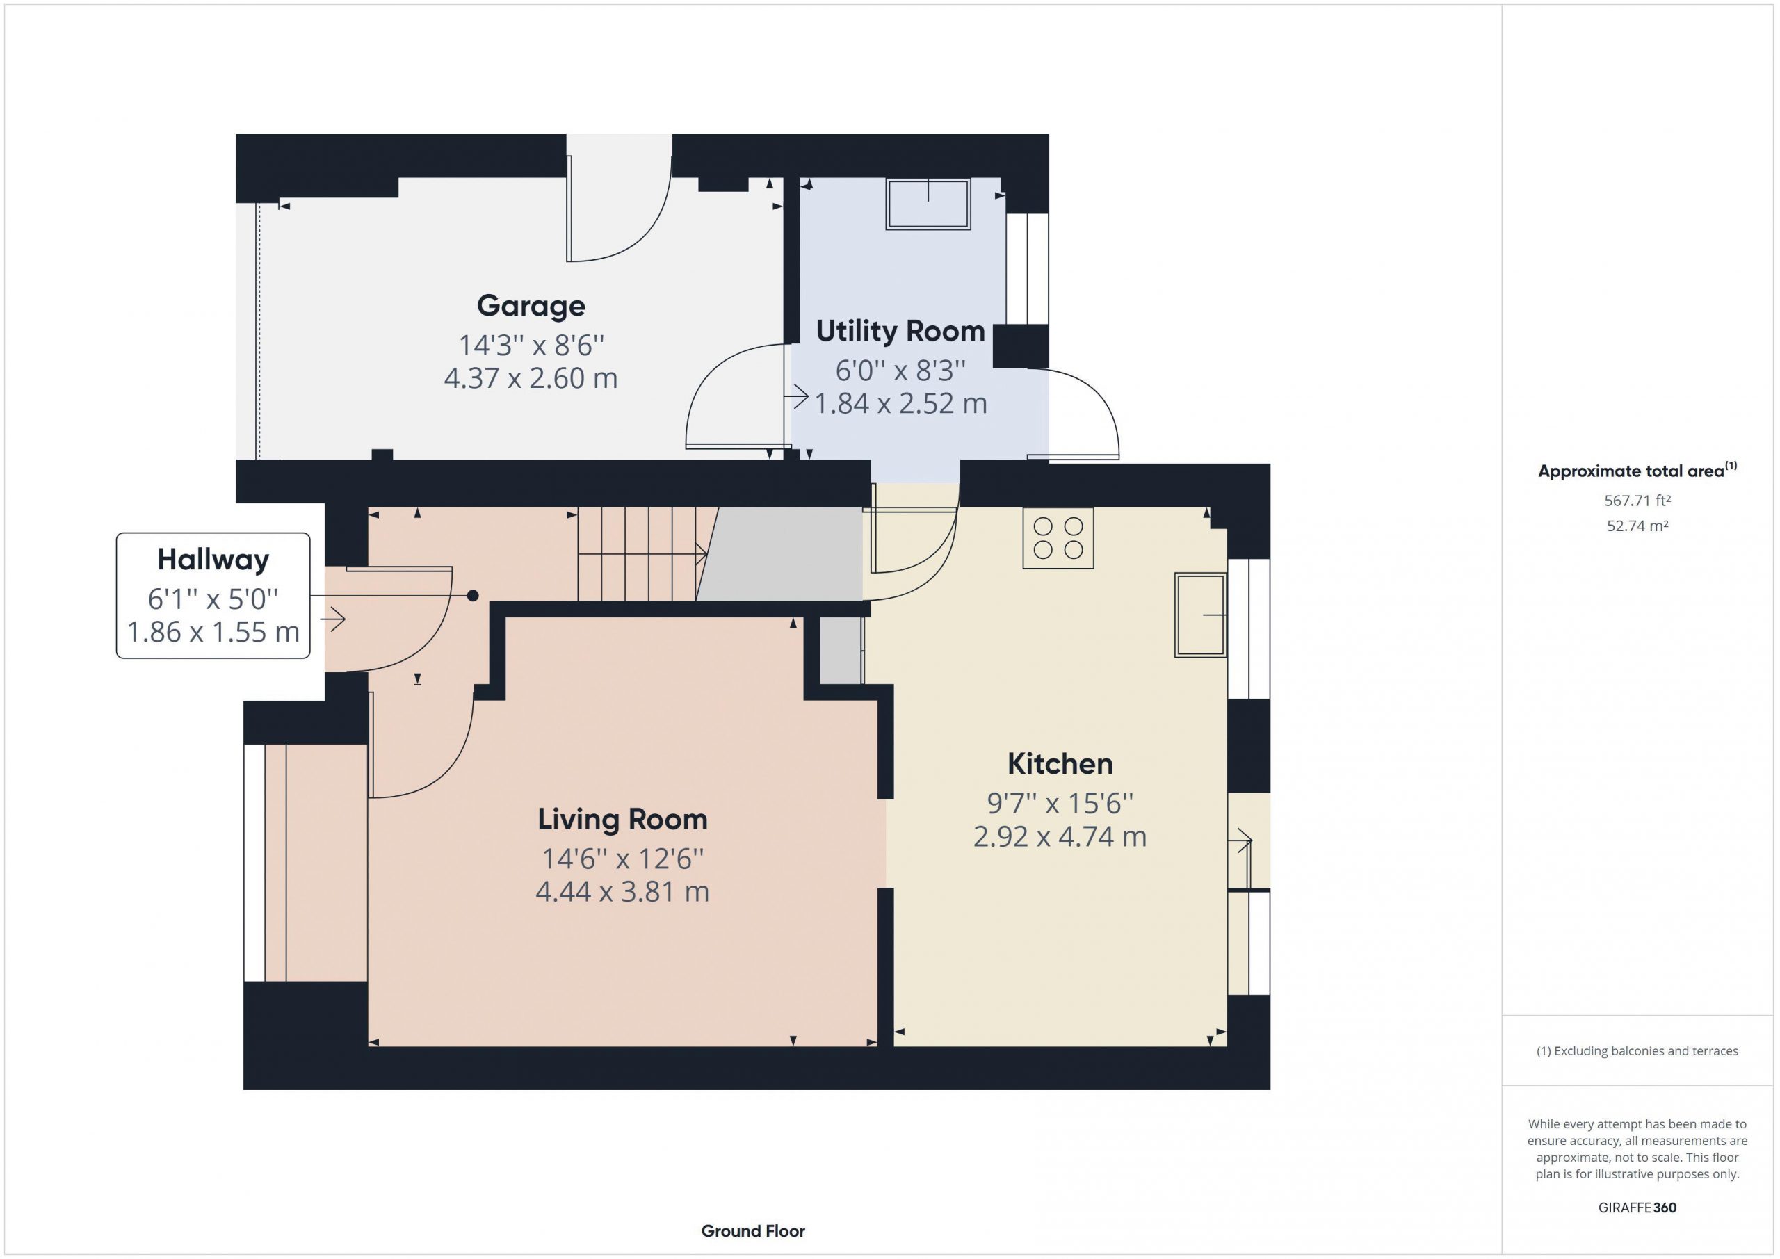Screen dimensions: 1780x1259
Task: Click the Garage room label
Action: [x=531, y=306]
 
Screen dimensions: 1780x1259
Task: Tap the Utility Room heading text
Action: [x=900, y=331]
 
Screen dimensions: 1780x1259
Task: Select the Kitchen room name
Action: [x=1060, y=763]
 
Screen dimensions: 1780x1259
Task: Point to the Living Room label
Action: [x=622, y=820]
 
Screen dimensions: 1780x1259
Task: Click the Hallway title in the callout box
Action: [x=213, y=559]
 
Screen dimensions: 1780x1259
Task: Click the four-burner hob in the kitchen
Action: [x=1058, y=538]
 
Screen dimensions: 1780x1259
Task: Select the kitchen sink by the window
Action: [x=1200, y=615]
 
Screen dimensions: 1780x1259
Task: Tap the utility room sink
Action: [x=928, y=204]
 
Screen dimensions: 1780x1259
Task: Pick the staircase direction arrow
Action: [x=642, y=554]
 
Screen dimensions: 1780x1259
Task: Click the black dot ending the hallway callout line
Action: [x=473, y=595]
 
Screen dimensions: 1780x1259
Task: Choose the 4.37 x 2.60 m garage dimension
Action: [x=531, y=378]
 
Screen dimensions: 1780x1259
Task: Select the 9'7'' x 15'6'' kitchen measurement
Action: [x=1060, y=804]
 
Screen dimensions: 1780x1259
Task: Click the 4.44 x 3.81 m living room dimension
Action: [x=622, y=891]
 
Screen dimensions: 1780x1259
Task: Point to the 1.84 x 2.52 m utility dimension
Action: [x=900, y=403]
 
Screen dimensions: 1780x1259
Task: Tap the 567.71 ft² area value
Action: [x=1637, y=501]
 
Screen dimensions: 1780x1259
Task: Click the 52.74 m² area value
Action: [x=1637, y=526]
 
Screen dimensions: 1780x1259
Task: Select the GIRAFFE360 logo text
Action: [x=1637, y=1208]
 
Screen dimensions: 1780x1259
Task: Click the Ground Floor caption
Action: [x=753, y=1231]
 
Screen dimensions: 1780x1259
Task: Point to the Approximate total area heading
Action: [x=1637, y=471]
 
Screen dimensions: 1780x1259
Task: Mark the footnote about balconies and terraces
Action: [x=1637, y=1051]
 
